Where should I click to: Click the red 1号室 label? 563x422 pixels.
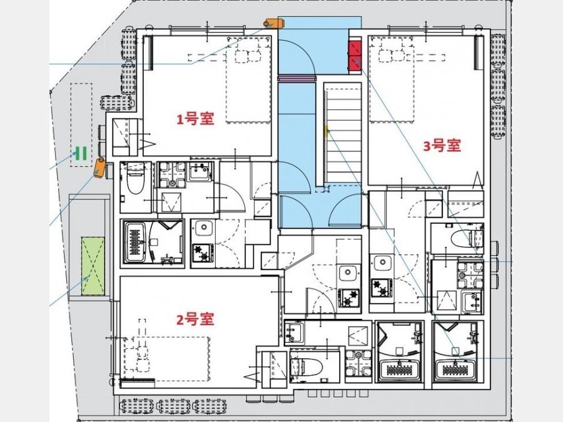click(x=195, y=119)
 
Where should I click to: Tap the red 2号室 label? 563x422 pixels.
click(x=195, y=319)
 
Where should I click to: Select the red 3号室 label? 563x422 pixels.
click(x=442, y=146)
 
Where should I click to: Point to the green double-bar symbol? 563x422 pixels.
click(x=81, y=153)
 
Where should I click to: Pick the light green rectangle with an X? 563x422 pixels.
click(x=93, y=266)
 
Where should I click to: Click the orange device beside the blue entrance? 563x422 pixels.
click(x=275, y=23)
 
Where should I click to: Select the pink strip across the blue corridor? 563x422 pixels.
click(x=297, y=78)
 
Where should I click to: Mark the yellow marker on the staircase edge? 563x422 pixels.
click(x=327, y=131)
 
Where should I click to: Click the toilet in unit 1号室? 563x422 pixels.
click(x=136, y=178)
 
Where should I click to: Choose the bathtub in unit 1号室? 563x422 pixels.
click(x=136, y=242)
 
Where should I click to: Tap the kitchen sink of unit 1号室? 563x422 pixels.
click(x=204, y=228)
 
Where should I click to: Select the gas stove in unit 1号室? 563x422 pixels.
click(x=203, y=253)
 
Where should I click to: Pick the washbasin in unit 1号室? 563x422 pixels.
click(x=198, y=171)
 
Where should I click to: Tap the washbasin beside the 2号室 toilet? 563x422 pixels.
click(x=295, y=333)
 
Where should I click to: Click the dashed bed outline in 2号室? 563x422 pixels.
click(x=166, y=358)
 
